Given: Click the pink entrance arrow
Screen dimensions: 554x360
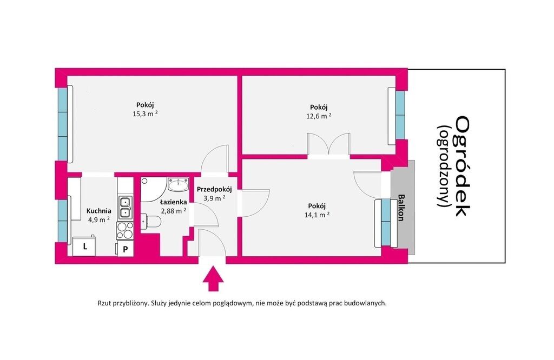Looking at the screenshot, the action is click(x=213, y=278).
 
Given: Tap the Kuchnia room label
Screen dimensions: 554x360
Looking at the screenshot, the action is click(x=99, y=211).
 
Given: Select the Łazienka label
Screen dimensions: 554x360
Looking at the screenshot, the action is click(x=173, y=202).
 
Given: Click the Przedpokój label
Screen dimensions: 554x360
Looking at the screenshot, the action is click(x=214, y=190).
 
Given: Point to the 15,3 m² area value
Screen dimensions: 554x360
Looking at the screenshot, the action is click(x=145, y=114).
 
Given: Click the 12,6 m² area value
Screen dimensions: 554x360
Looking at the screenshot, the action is click(x=319, y=116).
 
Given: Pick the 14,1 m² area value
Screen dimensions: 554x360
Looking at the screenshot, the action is click(x=317, y=215).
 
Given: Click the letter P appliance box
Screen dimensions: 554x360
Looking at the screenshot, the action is click(x=125, y=249).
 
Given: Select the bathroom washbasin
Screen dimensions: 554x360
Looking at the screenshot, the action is click(x=179, y=184).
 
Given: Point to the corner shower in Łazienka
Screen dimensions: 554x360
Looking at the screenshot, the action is click(x=153, y=190).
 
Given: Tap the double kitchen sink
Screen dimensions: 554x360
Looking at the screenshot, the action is click(x=125, y=207).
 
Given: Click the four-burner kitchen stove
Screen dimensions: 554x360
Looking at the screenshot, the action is click(x=125, y=230).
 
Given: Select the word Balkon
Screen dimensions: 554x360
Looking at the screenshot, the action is click(x=401, y=208).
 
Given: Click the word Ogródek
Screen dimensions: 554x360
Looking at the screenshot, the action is click(x=462, y=166).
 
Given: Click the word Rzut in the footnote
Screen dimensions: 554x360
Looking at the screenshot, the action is click(x=104, y=303).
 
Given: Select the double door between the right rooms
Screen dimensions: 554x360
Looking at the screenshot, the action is click(x=328, y=144).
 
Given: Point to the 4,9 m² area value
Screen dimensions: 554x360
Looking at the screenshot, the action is click(x=98, y=219).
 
